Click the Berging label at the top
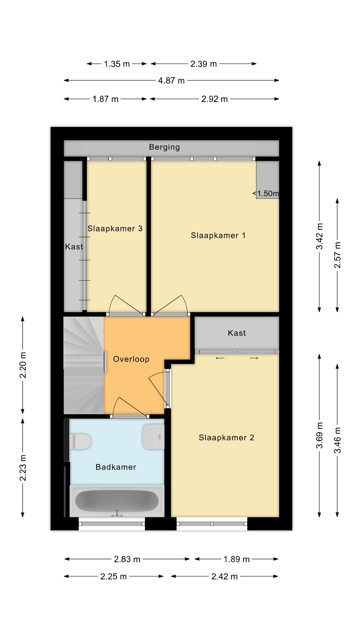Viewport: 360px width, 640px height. [x=164, y=147]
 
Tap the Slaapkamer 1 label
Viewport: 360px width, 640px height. [x=218, y=235]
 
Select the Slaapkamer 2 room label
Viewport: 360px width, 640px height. [x=227, y=437]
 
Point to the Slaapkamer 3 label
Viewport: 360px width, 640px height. [x=115, y=228]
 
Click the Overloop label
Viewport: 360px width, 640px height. [x=131, y=359]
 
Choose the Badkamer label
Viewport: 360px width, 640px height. [x=116, y=467]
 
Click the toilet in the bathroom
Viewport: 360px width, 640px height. [x=80, y=442]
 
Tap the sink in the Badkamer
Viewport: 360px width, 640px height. [x=153, y=437]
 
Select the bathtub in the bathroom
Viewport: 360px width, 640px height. [x=117, y=501]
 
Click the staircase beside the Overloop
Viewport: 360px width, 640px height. [x=84, y=365]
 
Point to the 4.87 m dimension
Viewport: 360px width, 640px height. [x=171, y=81]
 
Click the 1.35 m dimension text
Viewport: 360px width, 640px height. [x=117, y=64]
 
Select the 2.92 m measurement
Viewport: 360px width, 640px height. [x=215, y=99]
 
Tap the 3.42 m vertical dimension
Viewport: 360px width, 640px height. [x=319, y=236]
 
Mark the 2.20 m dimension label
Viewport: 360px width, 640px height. [x=23, y=365]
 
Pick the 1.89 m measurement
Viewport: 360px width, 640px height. [x=237, y=559]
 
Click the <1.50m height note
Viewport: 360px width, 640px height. [x=266, y=193]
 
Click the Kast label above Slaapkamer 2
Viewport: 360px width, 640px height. [x=237, y=333]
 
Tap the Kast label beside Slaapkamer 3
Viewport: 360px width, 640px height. [x=74, y=247]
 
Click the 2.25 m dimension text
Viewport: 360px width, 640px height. [x=113, y=577]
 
